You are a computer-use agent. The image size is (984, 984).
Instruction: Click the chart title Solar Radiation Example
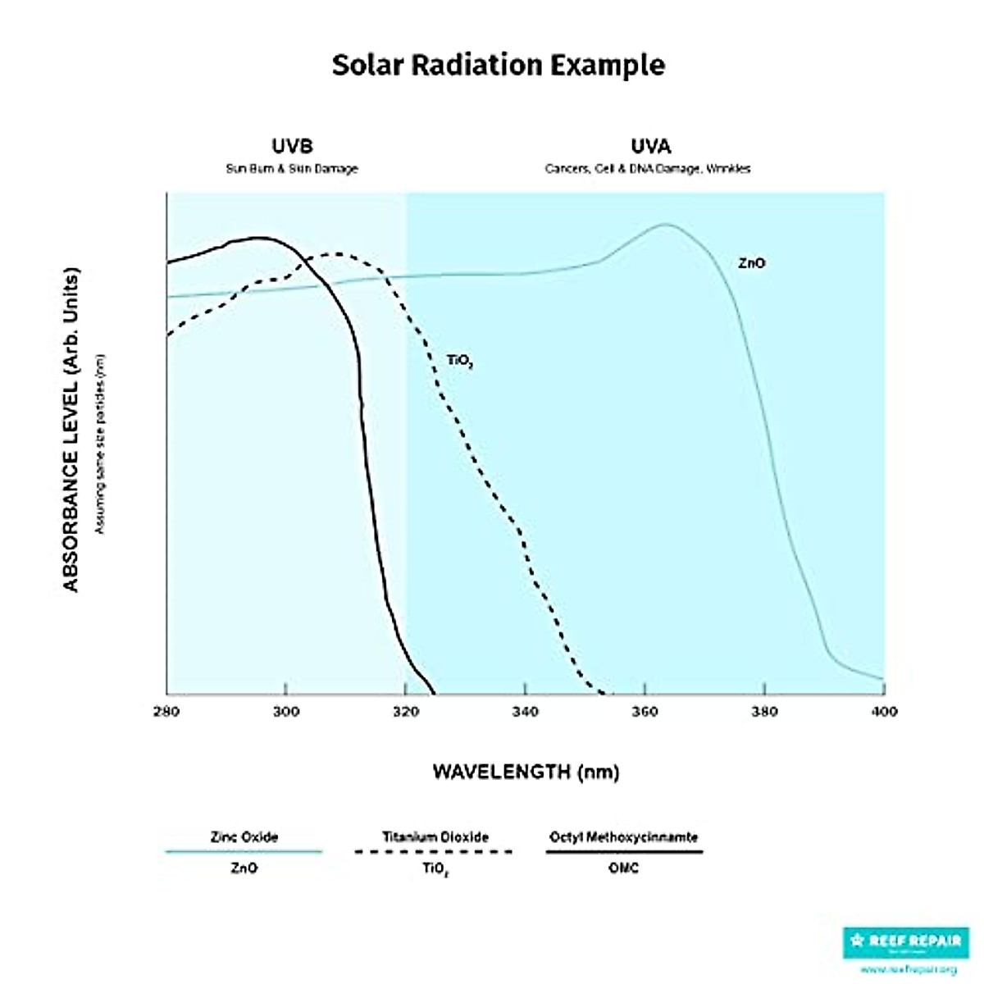(x=498, y=65)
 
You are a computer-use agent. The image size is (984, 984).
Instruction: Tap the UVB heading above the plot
(x=292, y=147)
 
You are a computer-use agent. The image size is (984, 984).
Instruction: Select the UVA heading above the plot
(x=650, y=147)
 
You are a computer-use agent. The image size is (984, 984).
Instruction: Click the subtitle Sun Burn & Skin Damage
(x=292, y=169)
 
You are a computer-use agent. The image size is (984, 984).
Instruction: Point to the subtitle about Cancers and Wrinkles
(x=648, y=169)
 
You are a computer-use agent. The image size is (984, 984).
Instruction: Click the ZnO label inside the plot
(x=751, y=264)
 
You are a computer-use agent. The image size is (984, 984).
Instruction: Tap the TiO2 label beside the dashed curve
(x=459, y=361)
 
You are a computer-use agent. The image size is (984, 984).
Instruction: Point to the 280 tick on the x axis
(x=166, y=712)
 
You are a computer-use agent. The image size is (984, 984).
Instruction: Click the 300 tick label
(x=285, y=712)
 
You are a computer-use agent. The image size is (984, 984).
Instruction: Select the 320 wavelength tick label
(x=405, y=712)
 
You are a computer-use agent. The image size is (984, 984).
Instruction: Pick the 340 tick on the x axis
(x=525, y=712)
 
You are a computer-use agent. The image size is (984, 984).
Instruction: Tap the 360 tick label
(x=645, y=712)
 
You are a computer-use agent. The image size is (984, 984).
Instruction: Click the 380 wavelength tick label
(x=764, y=712)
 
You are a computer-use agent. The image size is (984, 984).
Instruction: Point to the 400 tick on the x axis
(x=883, y=712)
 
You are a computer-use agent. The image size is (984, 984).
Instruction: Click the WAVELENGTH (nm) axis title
(x=526, y=772)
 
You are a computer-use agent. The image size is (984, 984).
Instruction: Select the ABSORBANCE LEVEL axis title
(x=71, y=429)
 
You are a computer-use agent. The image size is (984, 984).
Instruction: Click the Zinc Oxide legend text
(x=244, y=837)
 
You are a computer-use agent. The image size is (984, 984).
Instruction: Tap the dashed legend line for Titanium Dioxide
(x=435, y=852)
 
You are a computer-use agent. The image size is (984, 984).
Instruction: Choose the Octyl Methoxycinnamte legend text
(x=623, y=837)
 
